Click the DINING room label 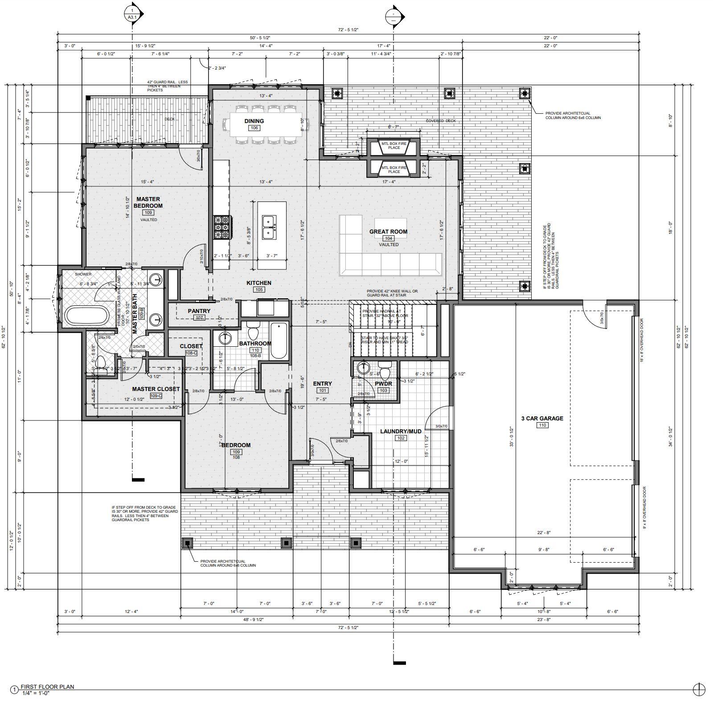click(x=254, y=121)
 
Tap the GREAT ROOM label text click(x=388, y=231)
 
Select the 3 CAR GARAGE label click(x=542, y=418)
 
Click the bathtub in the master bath click(x=87, y=316)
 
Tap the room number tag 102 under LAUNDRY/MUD click(x=401, y=438)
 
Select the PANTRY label click(x=199, y=311)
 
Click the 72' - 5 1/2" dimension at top click(x=348, y=30)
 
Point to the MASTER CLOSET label click(x=156, y=389)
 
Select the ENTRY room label click(x=322, y=383)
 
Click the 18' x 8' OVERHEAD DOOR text click(x=642, y=340)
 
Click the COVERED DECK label click(x=441, y=121)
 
